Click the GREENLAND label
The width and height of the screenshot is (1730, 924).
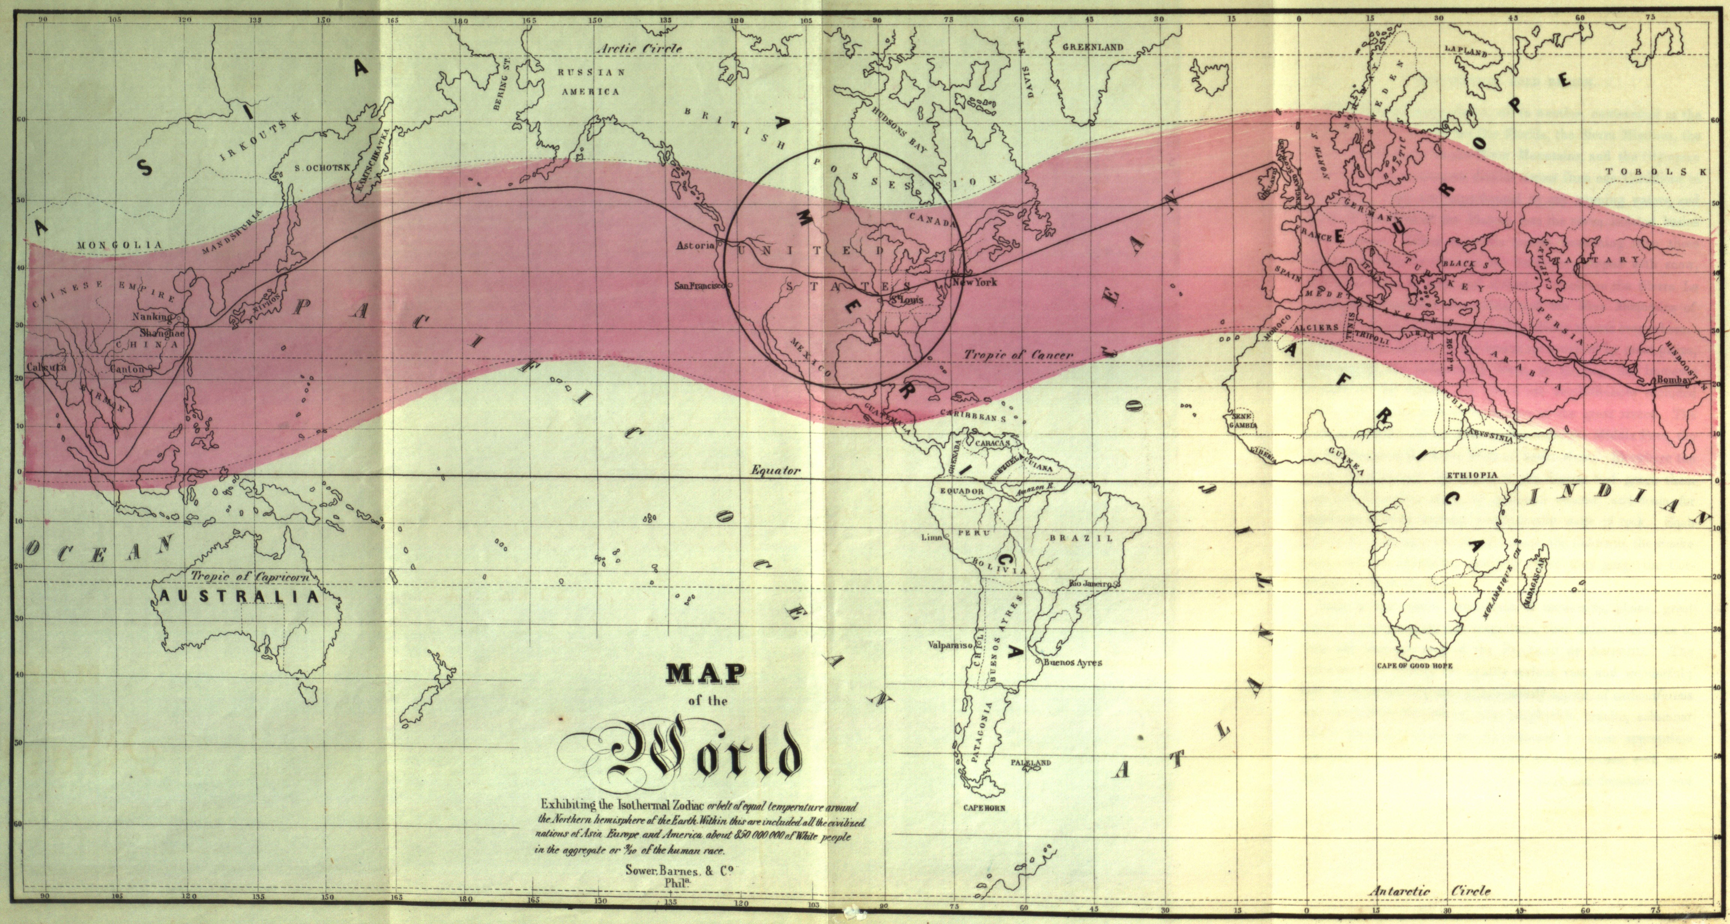(x=1093, y=47)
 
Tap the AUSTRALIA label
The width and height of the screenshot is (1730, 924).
(x=238, y=597)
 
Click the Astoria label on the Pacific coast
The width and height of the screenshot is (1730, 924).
(x=695, y=246)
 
